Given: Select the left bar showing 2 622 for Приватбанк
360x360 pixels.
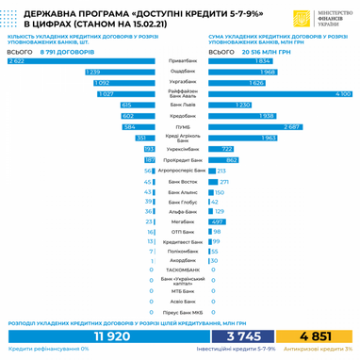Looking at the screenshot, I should tap(80, 60).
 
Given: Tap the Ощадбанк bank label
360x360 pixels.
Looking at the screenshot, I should tap(182, 72).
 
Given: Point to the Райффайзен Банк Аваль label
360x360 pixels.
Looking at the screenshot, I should tap(182, 93).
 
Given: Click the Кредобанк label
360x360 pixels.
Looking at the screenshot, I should tap(182, 115).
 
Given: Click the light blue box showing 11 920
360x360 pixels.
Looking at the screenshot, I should tap(111, 334).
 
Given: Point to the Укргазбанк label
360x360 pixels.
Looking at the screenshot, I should tap(182, 82).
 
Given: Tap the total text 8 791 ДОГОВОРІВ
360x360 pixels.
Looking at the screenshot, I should tap(69, 50).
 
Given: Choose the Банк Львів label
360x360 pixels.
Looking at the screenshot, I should tap(182, 105).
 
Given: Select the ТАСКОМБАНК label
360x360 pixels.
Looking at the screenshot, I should tap(182, 270).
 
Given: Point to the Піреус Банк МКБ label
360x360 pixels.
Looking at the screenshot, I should tap(182, 311).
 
